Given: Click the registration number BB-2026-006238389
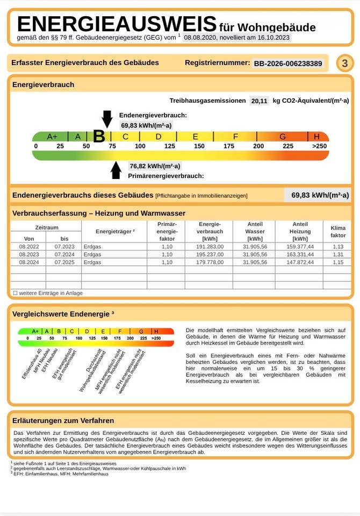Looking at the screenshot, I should (x=288, y=63).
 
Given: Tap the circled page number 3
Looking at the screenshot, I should (x=345, y=63).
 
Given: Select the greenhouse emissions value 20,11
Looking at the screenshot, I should (x=260, y=101).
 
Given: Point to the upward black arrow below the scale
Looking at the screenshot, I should (x=116, y=170).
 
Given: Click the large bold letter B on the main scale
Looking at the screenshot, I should (x=99, y=137).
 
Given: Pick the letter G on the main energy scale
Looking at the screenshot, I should (x=283, y=137).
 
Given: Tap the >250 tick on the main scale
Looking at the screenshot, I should (x=319, y=146).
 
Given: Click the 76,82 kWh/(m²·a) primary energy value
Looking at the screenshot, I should (x=155, y=166).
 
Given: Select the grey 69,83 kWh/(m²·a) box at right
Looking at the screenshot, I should (x=317, y=195).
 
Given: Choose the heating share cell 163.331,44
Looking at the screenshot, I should (x=300, y=254).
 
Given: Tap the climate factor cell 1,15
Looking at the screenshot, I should (x=338, y=262).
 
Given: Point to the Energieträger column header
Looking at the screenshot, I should (x=115, y=231).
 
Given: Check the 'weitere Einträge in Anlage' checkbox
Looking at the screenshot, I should (x=15, y=293).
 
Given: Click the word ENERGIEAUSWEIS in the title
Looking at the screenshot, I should (x=117, y=25).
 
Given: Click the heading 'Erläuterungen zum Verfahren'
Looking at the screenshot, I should (x=63, y=420).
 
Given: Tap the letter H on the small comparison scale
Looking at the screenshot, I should (x=156, y=331).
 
